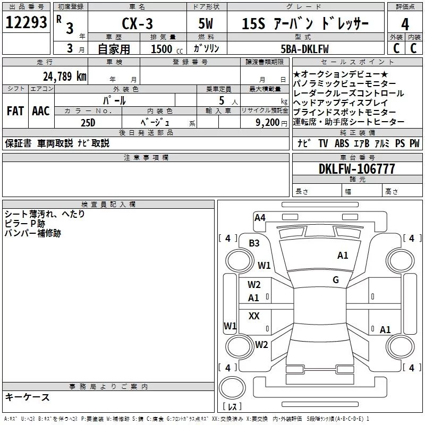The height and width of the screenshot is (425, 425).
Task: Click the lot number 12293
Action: [26, 22]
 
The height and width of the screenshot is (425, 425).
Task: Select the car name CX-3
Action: [137, 23]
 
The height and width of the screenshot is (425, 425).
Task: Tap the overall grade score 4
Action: [405, 24]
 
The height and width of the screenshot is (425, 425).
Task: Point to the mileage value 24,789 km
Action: [65, 76]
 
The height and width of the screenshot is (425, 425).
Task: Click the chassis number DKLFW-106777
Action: [356, 169]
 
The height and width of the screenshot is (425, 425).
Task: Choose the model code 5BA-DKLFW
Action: [304, 49]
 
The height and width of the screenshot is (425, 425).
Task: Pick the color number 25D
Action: [88, 123]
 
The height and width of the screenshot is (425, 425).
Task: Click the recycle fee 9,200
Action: [267, 123]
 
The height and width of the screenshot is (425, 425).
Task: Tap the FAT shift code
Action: [15, 111]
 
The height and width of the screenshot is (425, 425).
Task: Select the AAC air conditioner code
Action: [41, 111]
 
